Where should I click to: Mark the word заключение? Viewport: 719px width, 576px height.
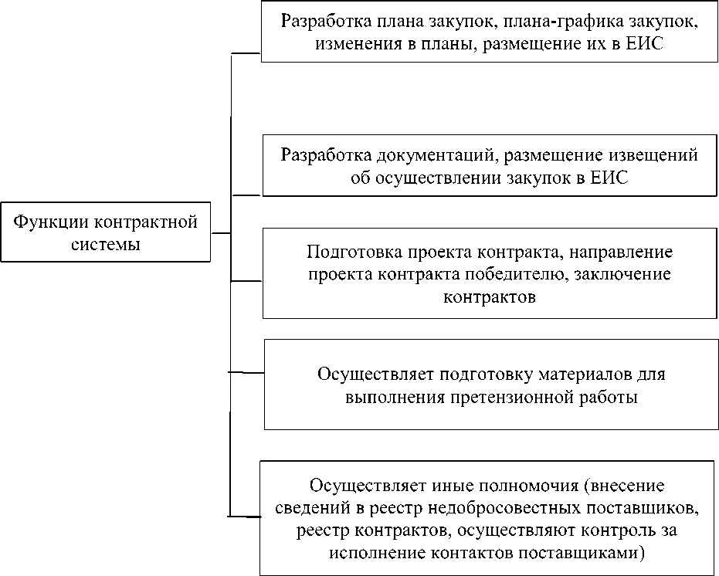click(x=625, y=274)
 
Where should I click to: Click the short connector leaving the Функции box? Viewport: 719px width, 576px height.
click(x=221, y=232)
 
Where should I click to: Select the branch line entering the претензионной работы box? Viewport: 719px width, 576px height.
click(x=247, y=373)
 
